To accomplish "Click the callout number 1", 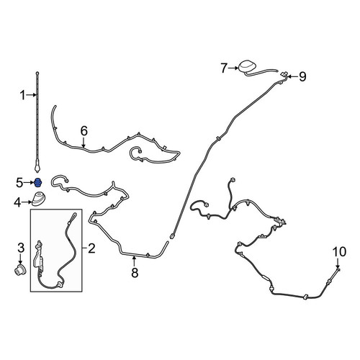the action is pos(22,95).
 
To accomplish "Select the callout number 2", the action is pos(91,248).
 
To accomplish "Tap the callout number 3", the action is pos(21,248).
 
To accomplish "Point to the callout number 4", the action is pos(17,203).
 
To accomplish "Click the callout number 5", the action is pos(19,183).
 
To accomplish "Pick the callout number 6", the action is pos(84,131).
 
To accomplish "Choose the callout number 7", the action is pos(224,68).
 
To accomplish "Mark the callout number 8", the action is pos(135,273).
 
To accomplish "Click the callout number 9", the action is pos(302,77).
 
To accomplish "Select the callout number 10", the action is pos(339,252).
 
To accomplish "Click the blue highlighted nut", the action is pos(37,183).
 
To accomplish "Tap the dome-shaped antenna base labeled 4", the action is pos(38,199).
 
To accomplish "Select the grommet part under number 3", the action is pos(19,271).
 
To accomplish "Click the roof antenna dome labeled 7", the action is pos(247,67).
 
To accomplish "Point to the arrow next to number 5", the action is pos(29,183).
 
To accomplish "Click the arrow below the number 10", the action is pos(338,264).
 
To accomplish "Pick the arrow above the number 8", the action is pos(135,261).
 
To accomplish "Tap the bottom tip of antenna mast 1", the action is pos(37,171).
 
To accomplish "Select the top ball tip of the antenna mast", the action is pos(37,73).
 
